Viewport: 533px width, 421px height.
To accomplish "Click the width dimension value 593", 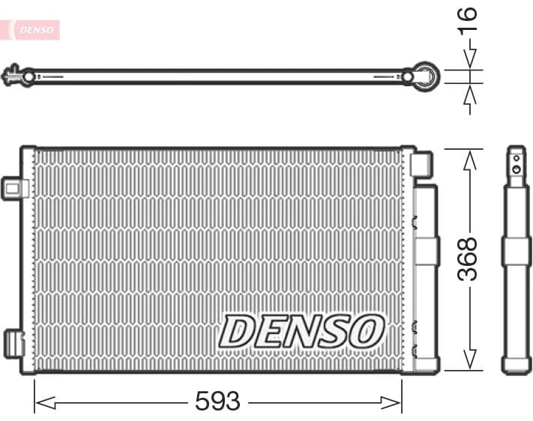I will click(217, 402).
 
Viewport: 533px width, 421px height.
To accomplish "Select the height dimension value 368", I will click(468, 259).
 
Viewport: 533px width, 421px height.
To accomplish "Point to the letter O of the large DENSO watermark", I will click(367, 331).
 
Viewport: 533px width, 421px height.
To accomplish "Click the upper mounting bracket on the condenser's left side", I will click(13, 187).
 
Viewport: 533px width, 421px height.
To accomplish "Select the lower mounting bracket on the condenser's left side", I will click(14, 342).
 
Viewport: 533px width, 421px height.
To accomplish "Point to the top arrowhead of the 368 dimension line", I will click(470, 157).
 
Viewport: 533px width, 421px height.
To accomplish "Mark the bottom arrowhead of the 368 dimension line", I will click(470, 361).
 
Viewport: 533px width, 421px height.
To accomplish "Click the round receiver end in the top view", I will click(426, 76).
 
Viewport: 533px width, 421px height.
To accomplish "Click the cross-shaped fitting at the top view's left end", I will click(13, 76).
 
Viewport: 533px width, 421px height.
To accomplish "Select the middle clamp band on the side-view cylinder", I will click(516, 251).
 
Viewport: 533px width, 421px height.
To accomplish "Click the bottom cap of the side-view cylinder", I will click(516, 366).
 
